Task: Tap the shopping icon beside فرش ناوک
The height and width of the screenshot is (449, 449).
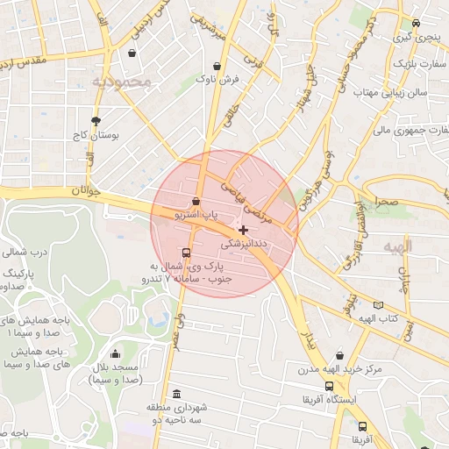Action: pyautogui.click(x=217, y=66)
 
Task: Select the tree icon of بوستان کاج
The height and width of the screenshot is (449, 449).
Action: pyautogui.click(x=96, y=121)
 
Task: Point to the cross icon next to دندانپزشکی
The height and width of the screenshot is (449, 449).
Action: pyautogui.click(x=243, y=229)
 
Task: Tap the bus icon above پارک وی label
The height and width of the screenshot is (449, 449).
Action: pyautogui.click(x=185, y=253)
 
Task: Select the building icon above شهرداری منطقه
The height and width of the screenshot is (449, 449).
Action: pyautogui.click(x=178, y=393)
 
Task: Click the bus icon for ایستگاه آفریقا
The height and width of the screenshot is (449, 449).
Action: pyautogui.click(x=329, y=386)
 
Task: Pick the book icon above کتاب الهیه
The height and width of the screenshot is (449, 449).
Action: pyautogui.click(x=378, y=304)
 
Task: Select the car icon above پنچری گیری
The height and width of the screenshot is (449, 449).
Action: pyautogui.click(x=416, y=24)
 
